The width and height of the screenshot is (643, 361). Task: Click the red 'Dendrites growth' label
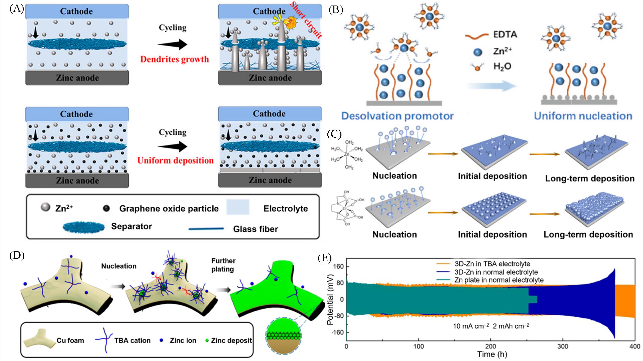(x=175, y=59)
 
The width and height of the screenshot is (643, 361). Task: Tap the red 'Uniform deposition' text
(x=175, y=160)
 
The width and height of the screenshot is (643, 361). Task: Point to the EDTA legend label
(x=505, y=34)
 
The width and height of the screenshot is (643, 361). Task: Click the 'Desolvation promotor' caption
(x=398, y=116)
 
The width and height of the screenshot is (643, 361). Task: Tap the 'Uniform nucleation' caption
(x=583, y=116)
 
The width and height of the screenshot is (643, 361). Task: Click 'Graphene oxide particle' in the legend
(x=169, y=209)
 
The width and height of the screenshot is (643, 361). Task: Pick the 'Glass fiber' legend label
(x=255, y=229)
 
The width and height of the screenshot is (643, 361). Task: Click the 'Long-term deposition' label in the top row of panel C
(x=590, y=178)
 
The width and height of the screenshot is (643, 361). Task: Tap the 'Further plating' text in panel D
(x=223, y=265)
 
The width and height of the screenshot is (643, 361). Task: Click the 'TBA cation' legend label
(x=132, y=340)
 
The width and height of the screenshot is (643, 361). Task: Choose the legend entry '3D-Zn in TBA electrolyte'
(x=492, y=264)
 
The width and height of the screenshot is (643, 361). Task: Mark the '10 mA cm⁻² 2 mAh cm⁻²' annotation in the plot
(x=491, y=326)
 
